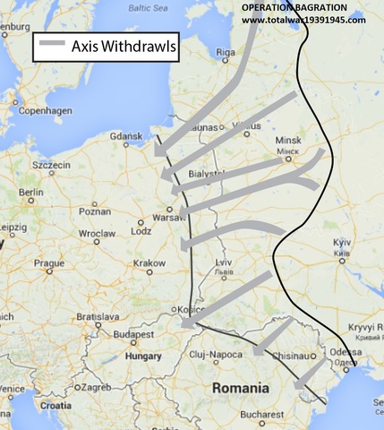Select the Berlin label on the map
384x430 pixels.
(31, 193)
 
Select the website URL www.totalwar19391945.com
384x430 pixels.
(303, 19)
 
